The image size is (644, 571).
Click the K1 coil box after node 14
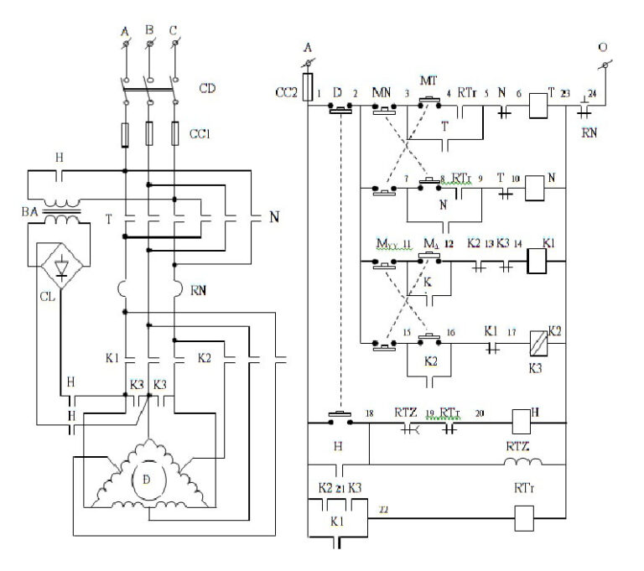(538, 262)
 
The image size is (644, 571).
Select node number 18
(369, 412)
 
